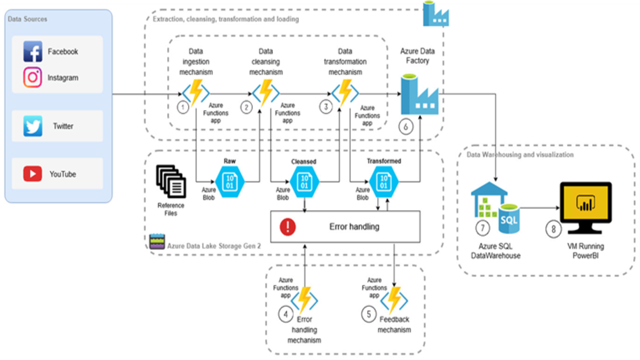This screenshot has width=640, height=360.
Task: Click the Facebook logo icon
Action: [33, 51]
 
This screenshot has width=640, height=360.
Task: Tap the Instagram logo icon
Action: [33, 77]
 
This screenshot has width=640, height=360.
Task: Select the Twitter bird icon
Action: [33, 126]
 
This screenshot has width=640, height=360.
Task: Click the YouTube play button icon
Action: [32, 174]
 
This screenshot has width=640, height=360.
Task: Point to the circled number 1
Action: [183, 107]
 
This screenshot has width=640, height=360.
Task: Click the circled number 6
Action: [406, 126]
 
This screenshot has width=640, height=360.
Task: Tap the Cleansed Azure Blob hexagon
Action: [304, 181]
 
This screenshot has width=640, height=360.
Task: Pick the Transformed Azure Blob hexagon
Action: [383, 181]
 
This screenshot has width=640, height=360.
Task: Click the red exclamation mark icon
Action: [288, 227]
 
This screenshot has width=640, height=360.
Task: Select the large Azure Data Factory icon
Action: [419, 95]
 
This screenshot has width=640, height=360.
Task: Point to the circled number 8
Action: [553, 229]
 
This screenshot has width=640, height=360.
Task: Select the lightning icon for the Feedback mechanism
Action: [394, 298]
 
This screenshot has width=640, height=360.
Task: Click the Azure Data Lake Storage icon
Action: [157, 241]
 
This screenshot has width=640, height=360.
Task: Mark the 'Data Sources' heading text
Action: [28, 19]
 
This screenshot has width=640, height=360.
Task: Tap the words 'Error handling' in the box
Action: [354, 226]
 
